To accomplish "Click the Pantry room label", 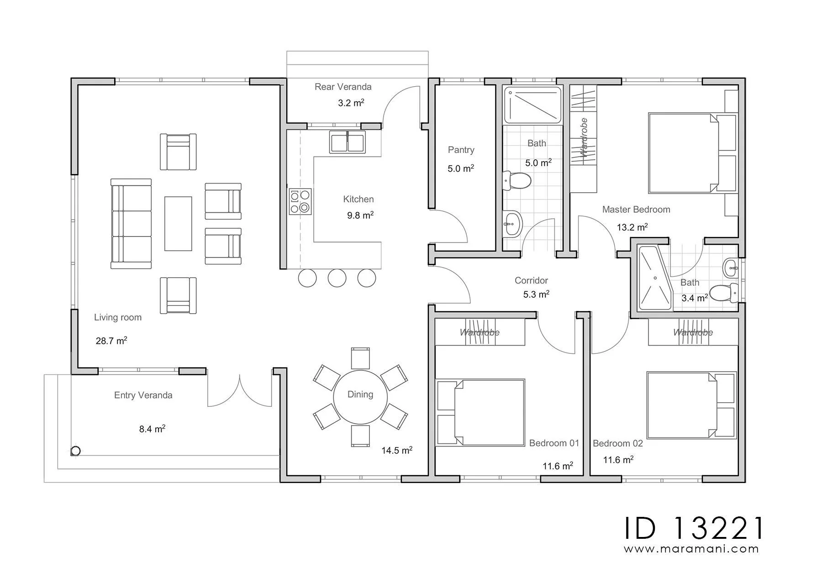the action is pyautogui.click(x=461, y=150).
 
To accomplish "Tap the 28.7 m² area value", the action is pyautogui.click(x=111, y=341).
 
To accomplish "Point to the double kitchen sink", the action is pyautogui.click(x=347, y=142).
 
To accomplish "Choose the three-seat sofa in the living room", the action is pyautogui.click(x=131, y=224).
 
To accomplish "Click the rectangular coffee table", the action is pyautogui.click(x=178, y=224).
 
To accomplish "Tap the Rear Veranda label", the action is pyautogui.click(x=343, y=87).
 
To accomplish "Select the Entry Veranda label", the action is pyautogui.click(x=143, y=395).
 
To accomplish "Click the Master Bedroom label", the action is pyautogui.click(x=636, y=210).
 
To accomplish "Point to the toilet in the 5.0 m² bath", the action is pyautogui.click(x=516, y=181).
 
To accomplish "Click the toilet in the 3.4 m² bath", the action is pyautogui.click(x=724, y=292).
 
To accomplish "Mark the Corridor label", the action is pyautogui.click(x=531, y=280).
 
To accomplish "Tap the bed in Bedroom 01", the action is pyautogui.click(x=480, y=412).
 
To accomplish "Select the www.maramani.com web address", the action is pyautogui.click(x=691, y=549).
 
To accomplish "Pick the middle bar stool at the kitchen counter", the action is pyautogui.click(x=337, y=278).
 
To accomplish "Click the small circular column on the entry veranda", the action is pyautogui.click(x=76, y=451).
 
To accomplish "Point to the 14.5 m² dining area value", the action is pyautogui.click(x=397, y=451).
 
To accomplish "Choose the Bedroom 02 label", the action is pyautogui.click(x=618, y=443).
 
